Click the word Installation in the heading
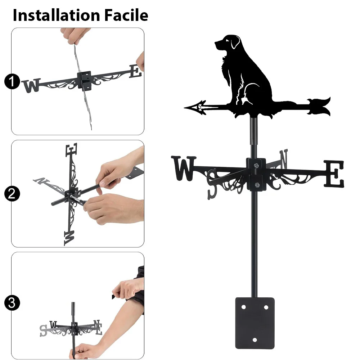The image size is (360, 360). coord(57,15)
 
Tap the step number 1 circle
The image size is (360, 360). coord(12,81)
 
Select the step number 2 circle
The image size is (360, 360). coord(12,194)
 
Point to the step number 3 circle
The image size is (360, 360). coord(12,303)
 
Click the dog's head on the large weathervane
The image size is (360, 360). coord(227,42)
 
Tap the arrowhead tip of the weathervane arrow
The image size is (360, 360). coord(185,107)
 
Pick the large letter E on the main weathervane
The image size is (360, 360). coord(334,174)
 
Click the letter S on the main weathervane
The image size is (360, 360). coord(212,184)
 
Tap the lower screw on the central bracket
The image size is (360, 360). coord(257,185)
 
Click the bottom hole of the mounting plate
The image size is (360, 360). coord(255,340)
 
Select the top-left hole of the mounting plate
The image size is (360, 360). coord(244,307)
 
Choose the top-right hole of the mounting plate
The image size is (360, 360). coord(266,307)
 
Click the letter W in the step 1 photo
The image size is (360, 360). coord(32,85)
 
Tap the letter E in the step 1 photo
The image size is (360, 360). coord(135,71)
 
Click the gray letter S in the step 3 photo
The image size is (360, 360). coord(43,330)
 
